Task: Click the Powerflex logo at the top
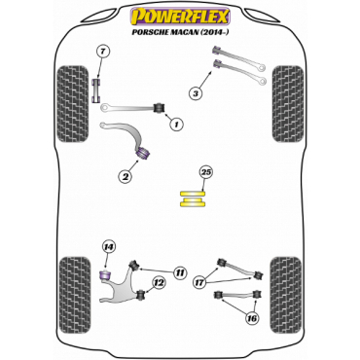180,17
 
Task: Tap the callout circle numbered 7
103,52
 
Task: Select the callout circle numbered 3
196,94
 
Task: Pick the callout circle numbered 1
176,124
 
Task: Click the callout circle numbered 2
126,177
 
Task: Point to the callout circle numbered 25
206,172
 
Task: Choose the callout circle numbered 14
109,247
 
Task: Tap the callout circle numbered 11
179,272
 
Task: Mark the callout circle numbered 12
160,283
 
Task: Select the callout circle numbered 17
199,282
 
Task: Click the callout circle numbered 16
252,318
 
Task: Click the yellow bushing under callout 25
193,199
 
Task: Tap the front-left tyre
73,104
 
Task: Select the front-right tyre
288,104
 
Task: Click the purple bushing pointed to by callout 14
105,275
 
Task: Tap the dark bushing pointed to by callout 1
159,108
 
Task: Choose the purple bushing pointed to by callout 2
143,152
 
